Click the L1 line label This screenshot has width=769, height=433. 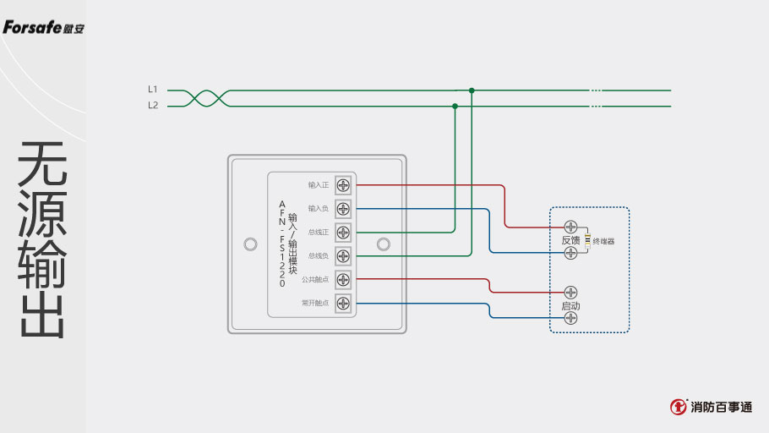point(152,89)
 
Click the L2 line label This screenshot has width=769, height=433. point(152,106)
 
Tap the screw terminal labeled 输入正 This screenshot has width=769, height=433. point(343,184)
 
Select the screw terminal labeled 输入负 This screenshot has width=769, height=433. point(343,208)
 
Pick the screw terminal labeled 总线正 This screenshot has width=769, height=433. point(343,232)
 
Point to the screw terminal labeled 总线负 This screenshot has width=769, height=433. point(343,255)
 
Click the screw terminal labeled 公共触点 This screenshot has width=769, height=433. point(343,279)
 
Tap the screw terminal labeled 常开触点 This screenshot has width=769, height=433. point(343,303)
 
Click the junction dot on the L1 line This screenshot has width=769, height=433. point(472,90)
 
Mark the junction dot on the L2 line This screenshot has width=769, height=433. point(455,107)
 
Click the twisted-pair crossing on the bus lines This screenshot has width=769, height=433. point(208,98)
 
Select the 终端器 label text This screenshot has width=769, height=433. point(603,241)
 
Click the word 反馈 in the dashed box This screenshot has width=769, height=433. point(571,240)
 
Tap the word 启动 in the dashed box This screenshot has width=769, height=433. point(570,305)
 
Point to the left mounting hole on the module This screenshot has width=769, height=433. point(249,244)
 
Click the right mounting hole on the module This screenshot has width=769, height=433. point(384,244)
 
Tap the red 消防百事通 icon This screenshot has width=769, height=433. point(678,407)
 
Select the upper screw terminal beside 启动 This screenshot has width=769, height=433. point(570,293)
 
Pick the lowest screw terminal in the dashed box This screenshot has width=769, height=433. point(570,318)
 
